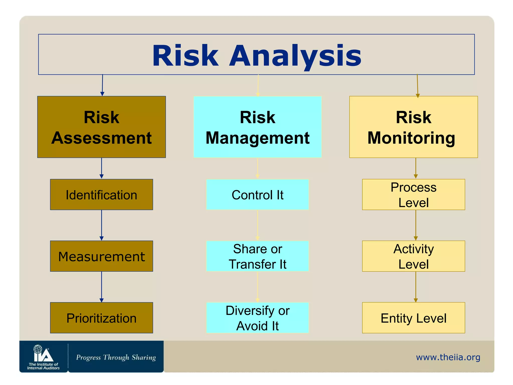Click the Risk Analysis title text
256,55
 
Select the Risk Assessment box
101,127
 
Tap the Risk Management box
258,127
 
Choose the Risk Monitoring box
413,127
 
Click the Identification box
101,195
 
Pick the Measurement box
101,256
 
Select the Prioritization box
101,318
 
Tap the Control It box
258,195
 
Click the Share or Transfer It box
258,256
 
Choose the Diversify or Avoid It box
258,318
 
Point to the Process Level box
413,195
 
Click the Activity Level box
413,256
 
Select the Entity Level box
413,318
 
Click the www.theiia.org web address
448,357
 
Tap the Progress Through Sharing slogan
116,357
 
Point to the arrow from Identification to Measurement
101,225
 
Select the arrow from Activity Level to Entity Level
416,287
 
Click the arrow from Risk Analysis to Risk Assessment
102,85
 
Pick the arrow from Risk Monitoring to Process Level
416,168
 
